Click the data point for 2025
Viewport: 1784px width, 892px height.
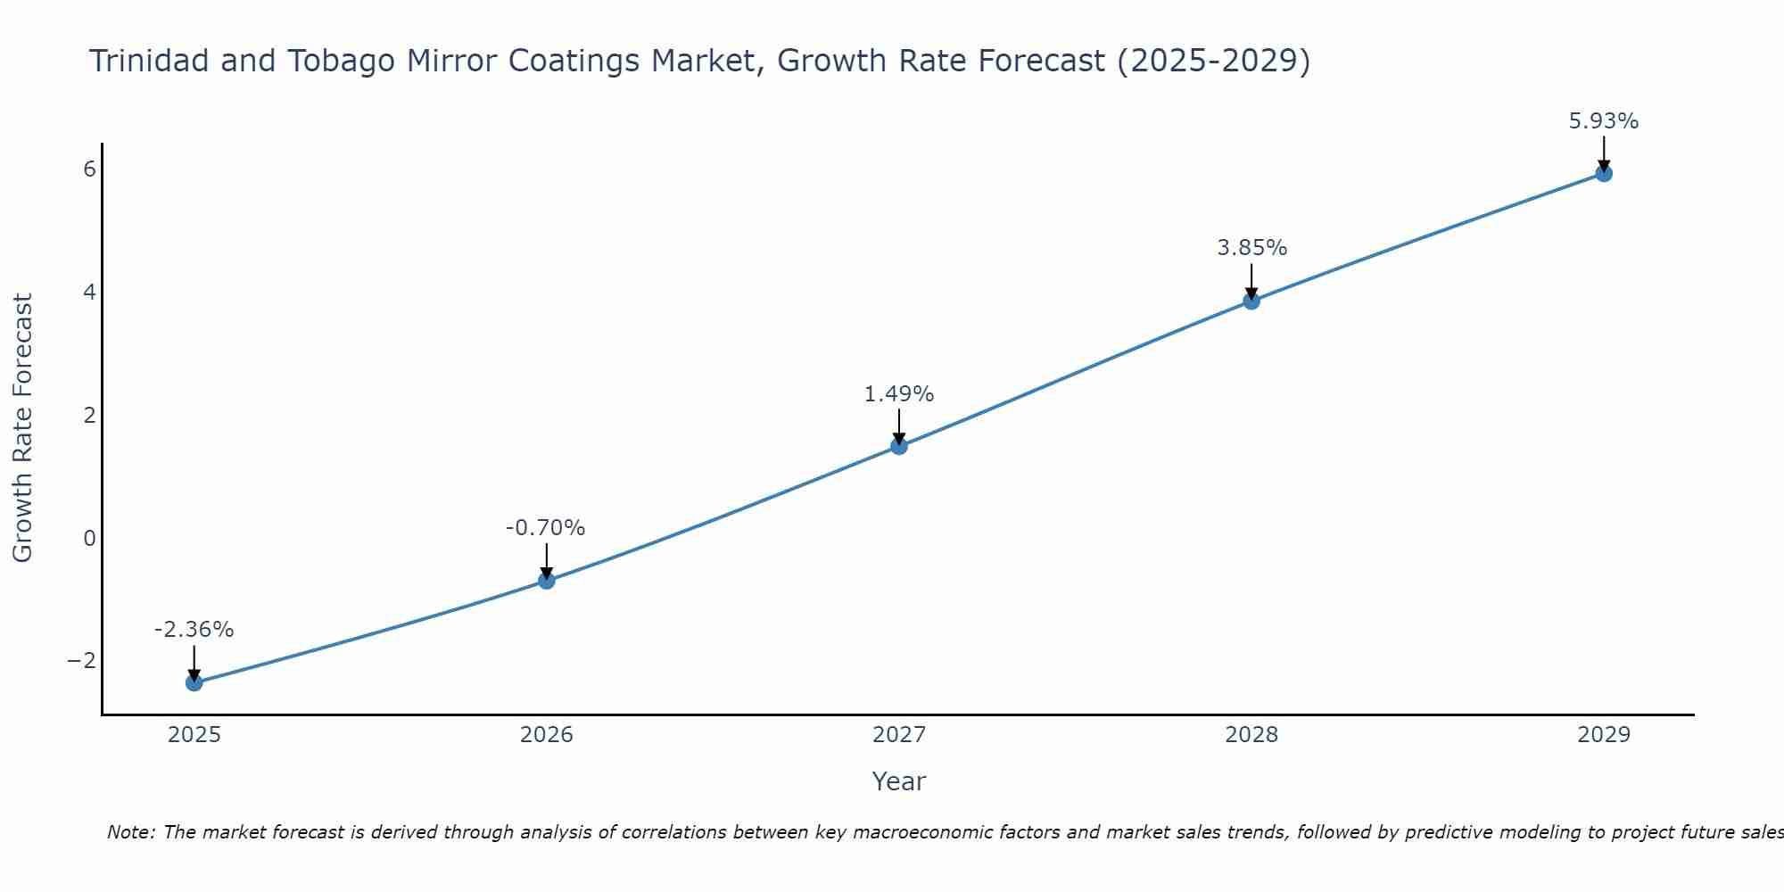tap(194, 682)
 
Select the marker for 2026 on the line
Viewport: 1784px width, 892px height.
tap(547, 581)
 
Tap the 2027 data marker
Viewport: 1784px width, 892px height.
tap(899, 446)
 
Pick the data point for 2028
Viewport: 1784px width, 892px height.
tap(1251, 301)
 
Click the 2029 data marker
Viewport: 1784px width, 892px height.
tap(1604, 173)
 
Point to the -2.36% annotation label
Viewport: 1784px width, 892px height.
tap(194, 630)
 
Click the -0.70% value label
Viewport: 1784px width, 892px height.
tap(546, 528)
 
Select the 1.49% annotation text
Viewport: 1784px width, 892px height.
tap(899, 394)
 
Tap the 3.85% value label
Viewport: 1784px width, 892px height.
tap(1252, 248)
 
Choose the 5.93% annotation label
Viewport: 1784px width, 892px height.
tap(1604, 121)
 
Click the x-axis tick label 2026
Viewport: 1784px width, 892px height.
tap(547, 735)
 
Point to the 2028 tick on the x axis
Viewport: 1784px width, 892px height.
tap(1251, 735)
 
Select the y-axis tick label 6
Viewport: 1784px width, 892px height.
tap(89, 169)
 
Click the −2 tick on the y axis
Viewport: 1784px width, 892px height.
tap(82, 660)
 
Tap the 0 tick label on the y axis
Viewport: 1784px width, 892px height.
tap(89, 538)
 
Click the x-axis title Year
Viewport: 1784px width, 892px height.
tap(899, 781)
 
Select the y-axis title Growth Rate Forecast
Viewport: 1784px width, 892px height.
tap(23, 428)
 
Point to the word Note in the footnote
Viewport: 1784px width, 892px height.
tap(130, 832)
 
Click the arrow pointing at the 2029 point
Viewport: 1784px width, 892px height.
tap(1604, 153)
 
